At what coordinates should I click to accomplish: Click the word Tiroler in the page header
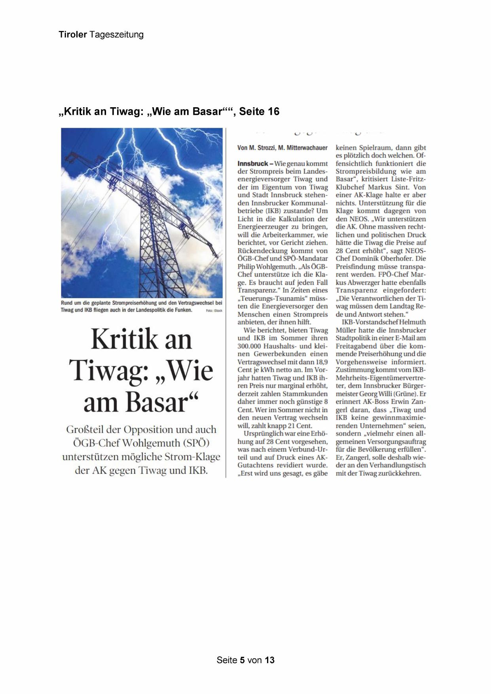click(x=73, y=35)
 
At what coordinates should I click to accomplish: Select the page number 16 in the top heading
click(x=273, y=112)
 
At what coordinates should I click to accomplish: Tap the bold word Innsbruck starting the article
click(x=252, y=163)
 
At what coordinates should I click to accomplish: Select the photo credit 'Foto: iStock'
click(x=214, y=311)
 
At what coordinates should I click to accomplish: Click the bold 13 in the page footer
click(x=269, y=660)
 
